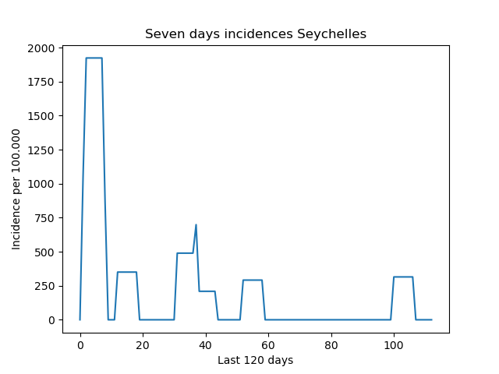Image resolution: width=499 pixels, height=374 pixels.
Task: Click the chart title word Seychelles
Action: pos(331,34)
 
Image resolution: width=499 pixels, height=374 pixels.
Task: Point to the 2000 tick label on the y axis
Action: pos(41,48)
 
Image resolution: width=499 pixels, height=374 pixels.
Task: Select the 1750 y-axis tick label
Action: pos(41,82)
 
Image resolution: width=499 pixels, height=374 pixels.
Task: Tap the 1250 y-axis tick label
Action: pos(41,150)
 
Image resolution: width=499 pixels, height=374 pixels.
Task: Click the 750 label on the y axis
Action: pos(44,218)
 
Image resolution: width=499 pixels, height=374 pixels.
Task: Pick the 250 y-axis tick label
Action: pos(44,286)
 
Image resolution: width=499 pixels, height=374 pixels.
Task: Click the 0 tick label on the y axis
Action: pos(51,320)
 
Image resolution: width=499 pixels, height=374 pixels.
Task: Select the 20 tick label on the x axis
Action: pos(143,345)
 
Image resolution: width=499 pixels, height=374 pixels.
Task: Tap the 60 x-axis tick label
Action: pos(268,345)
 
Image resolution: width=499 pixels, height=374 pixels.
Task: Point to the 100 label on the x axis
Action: pos(394,345)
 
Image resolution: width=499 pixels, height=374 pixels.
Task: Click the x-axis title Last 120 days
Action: pos(255,360)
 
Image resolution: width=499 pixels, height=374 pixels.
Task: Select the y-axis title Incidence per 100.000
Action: pos(16,189)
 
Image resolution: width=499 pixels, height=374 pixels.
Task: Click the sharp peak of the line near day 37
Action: pos(196,224)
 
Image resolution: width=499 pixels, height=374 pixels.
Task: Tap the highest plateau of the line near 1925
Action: pos(94,58)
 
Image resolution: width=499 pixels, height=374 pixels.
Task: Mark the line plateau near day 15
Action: pos(127,272)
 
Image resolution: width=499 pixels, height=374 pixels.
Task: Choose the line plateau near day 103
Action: pos(403,277)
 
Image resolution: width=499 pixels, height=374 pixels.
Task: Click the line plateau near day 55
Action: pos(253,280)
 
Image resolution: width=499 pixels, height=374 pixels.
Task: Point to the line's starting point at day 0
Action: pos(80,319)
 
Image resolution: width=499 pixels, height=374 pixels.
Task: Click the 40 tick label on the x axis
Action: pos(205,345)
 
